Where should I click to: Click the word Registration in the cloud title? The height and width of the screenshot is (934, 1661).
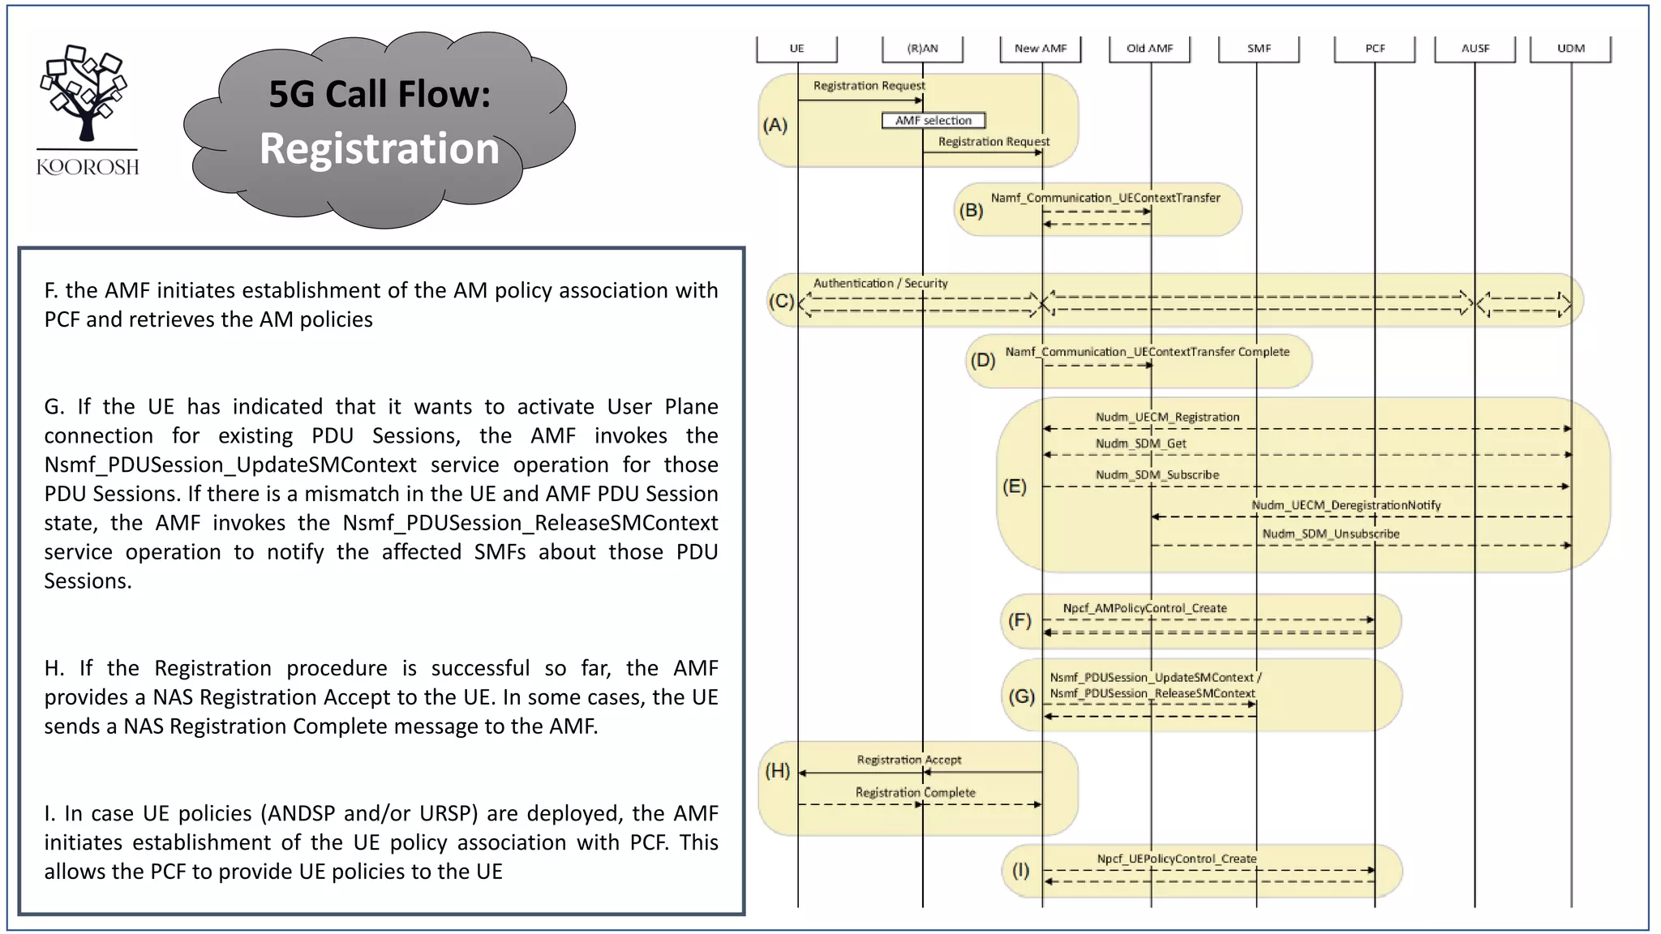(x=379, y=149)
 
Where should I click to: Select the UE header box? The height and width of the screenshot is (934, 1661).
(x=796, y=49)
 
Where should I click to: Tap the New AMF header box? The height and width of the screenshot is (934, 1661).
(x=1041, y=49)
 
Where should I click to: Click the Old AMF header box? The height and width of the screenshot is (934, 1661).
(x=1149, y=49)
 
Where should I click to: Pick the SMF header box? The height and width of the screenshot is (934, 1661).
(x=1259, y=49)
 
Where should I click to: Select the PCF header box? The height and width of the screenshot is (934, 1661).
(x=1375, y=49)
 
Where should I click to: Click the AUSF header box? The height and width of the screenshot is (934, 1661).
(x=1475, y=49)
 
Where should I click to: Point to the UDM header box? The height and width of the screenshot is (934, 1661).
(x=1570, y=49)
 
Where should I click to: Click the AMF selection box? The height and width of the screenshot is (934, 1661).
(x=934, y=121)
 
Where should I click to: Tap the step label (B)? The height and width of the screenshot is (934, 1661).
(x=971, y=211)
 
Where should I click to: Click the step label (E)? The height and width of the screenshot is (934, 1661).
(x=1014, y=486)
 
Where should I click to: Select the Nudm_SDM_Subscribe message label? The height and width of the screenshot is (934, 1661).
(x=1157, y=475)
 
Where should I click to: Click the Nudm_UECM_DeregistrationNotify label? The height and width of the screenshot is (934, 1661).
(x=1346, y=505)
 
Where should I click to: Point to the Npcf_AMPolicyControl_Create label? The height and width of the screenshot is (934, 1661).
(x=1144, y=608)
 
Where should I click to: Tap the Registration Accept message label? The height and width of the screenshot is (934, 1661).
(x=908, y=760)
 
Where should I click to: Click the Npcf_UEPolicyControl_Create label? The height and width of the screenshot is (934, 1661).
(x=1176, y=859)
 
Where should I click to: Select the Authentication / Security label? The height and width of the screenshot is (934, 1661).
(x=880, y=284)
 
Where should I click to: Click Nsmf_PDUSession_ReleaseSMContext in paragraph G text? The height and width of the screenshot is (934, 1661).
(x=530, y=523)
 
